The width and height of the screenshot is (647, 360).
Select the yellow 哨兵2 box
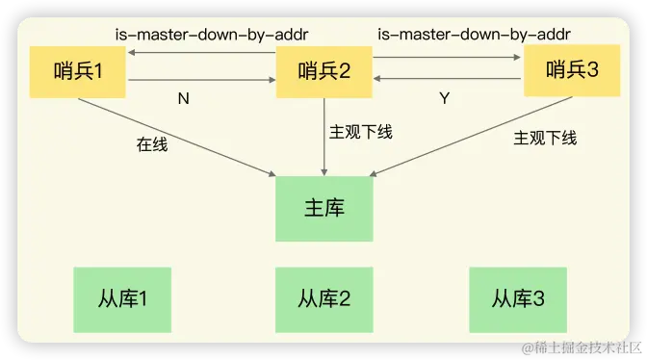(324, 71)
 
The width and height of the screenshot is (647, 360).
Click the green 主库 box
(324, 208)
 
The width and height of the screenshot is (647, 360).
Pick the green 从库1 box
(121, 298)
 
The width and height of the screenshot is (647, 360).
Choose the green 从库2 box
(323, 298)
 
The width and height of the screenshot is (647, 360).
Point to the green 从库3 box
(518, 298)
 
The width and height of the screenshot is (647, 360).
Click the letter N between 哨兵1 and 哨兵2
(184, 98)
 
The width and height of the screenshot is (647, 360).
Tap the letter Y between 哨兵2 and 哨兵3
(444, 98)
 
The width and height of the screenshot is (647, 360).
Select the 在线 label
(152, 145)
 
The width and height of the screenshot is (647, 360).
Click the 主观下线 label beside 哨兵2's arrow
(361, 132)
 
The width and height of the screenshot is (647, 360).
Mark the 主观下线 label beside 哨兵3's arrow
(545, 138)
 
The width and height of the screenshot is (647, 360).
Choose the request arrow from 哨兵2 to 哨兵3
(447, 58)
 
